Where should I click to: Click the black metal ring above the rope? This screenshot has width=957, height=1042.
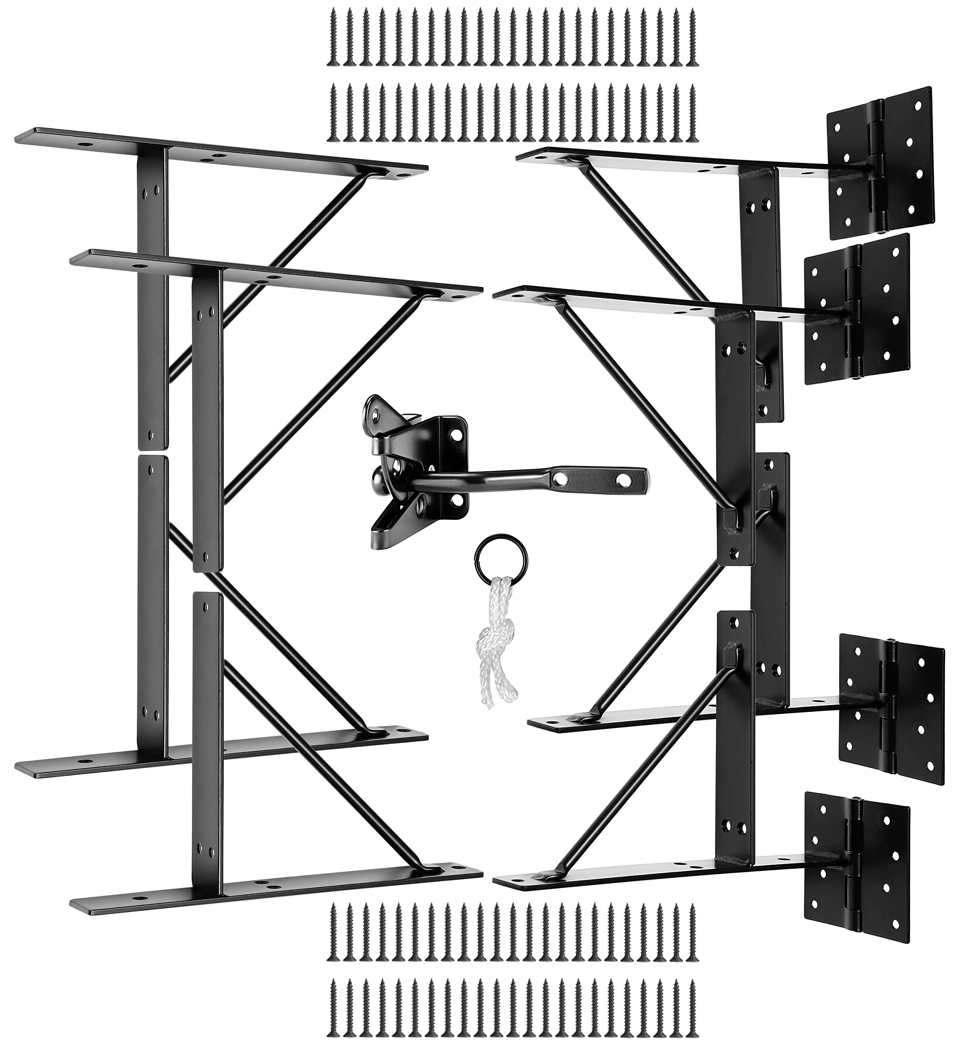488,558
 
